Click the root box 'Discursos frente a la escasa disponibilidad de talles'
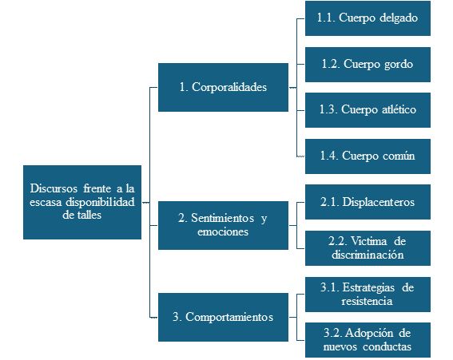(x=82, y=202)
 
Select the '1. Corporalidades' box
(x=223, y=88)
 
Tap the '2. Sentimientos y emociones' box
(x=223, y=225)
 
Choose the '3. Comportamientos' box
(x=223, y=317)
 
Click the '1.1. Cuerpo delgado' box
(x=368, y=18)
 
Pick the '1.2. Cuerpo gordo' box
(x=368, y=65)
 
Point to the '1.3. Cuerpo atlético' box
(x=368, y=110)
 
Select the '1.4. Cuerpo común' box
(x=368, y=156)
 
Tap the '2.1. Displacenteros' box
(x=368, y=202)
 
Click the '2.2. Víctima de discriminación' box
(x=368, y=248)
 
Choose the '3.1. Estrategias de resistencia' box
(x=368, y=295)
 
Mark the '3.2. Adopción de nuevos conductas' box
(x=368, y=340)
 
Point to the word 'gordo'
(x=399, y=65)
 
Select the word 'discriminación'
(x=368, y=255)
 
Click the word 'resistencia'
(x=367, y=301)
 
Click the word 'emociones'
(x=223, y=231)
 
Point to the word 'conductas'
(x=387, y=346)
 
